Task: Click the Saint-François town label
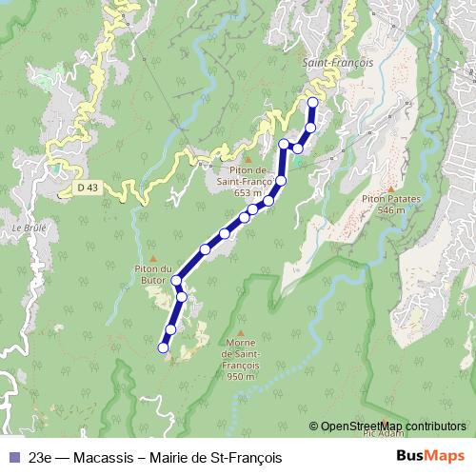[338, 62]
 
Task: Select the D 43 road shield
[88, 188]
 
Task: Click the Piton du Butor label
[152, 274]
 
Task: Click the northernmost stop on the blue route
[313, 102]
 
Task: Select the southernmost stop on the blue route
[163, 348]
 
